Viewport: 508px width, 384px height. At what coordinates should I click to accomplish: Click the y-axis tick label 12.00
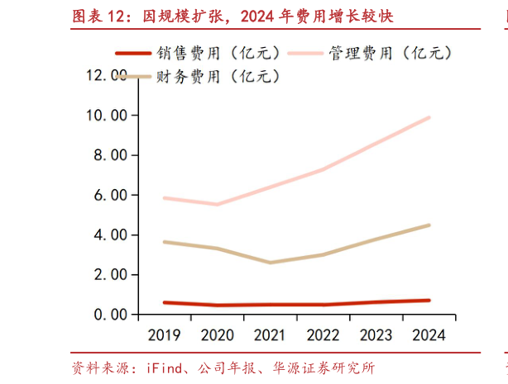pos(109,75)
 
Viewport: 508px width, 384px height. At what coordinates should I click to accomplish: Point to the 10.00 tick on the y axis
pos(109,115)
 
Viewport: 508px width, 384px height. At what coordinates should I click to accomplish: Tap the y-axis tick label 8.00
pos(113,155)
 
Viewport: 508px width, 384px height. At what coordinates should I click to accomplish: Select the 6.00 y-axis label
pos(113,195)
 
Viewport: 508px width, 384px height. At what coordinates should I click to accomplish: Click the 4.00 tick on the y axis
pos(113,235)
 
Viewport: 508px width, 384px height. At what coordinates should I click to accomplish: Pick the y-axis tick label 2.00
pos(113,274)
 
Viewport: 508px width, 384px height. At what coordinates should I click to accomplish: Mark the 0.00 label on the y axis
pos(113,315)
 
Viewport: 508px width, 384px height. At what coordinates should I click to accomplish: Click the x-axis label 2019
pos(165,334)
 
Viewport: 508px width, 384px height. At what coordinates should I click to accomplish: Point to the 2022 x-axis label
pos(323,334)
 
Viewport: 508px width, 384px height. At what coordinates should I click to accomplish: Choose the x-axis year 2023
pos(376,334)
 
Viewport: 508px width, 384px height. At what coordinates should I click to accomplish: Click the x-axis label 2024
pos(429,334)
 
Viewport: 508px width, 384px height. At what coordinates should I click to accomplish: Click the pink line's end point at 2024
pos(429,117)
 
